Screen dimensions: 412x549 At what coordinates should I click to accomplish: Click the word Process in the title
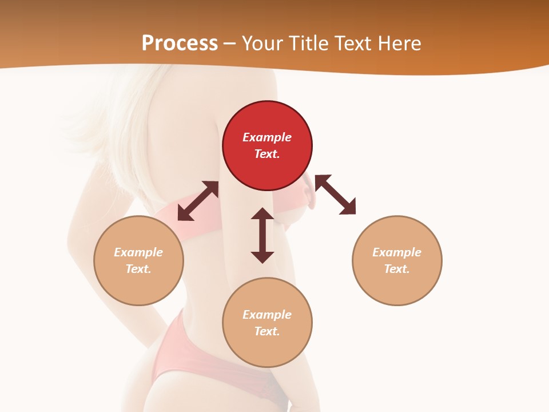click(x=180, y=43)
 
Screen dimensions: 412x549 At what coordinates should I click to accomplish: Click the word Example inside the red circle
click(x=267, y=137)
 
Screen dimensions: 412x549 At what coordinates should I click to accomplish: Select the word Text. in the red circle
click(x=267, y=154)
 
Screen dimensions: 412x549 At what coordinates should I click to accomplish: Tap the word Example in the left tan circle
click(x=138, y=252)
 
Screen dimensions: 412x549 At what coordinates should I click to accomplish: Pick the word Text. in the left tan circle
click(x=138, y=269)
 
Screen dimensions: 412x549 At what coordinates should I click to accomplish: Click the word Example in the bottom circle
click(x=267, y=315)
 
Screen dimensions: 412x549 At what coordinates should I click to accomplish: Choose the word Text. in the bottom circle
click(x=267, y=331)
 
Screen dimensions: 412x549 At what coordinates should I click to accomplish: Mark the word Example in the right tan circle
click(x=397, y=252)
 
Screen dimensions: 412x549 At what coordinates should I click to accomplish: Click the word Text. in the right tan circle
click(x=397, y=269)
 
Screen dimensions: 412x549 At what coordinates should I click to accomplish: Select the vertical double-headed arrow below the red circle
click(x=262, y=235)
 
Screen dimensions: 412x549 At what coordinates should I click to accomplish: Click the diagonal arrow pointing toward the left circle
click(x=198, y=201)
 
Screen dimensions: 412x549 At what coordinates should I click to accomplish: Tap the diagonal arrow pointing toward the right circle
click(x=335, y=195)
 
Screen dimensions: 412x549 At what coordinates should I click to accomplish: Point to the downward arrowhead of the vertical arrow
click(x=262, y=256)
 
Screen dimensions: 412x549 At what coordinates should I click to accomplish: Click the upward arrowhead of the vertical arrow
click(x=262, y=215)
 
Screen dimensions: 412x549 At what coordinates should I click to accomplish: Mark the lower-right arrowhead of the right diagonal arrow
click(x=348, y=207)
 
